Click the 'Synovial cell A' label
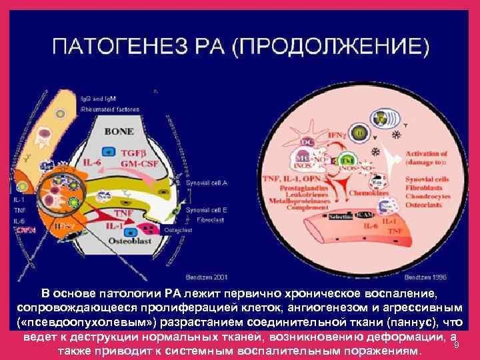208,181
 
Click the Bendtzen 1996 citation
425,275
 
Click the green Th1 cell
347,161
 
